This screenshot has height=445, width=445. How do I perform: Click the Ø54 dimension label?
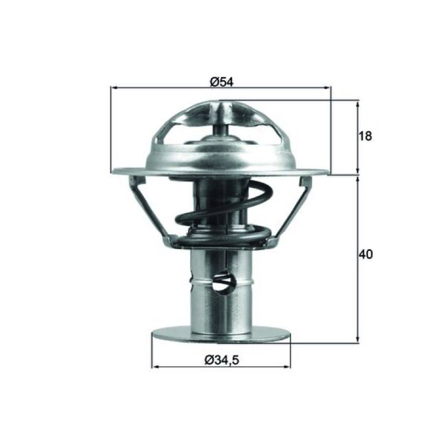[221, 82]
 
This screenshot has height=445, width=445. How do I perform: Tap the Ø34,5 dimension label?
[222, 360]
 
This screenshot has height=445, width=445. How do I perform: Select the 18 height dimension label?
[365, 136]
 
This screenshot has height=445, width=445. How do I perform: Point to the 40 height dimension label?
[365, 255]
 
